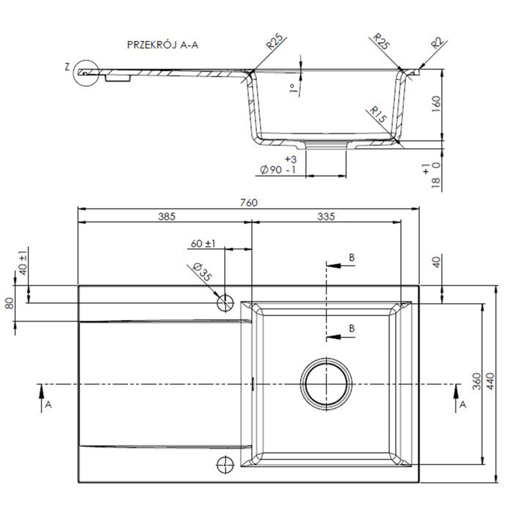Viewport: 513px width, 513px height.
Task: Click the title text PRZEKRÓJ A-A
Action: tap(164, 45)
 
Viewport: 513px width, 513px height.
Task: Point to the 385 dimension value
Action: tap(168, 217)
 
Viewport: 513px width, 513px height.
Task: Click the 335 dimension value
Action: tap(326, 217)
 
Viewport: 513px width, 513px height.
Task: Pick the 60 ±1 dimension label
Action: tap(203, 244)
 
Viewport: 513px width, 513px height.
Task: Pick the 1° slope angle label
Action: tap(293, 88)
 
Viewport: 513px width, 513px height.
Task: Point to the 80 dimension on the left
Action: tap(10, 303)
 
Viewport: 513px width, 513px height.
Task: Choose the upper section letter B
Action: tap(352, 257)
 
